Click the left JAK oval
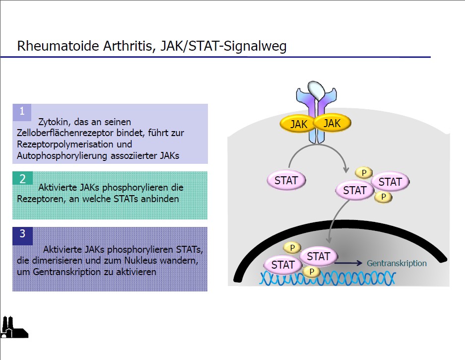click(298, 124)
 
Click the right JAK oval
click(332, 123)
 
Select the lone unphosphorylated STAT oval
click(286, 180)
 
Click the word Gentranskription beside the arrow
click(397, 263)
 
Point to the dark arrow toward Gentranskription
click(348, 263)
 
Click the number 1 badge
click(22, 112)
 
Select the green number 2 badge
click(22, 178)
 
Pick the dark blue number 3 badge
click(22, 236)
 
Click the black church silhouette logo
click(14, 327)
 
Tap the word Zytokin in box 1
click(53, 122)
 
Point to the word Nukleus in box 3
click(140, 260)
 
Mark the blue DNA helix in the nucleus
click(328, 279)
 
